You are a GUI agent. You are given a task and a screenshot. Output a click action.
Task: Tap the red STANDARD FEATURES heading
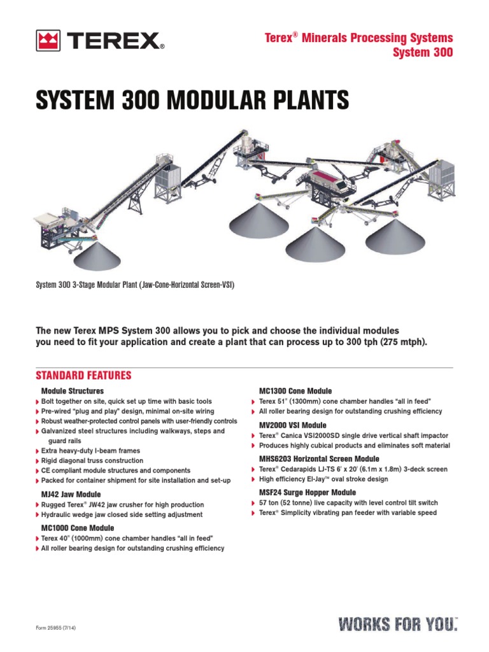pyautogui.click(x=83, y=375)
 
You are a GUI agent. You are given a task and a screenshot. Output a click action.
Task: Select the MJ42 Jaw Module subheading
pyautogui.click(x=71, y=494)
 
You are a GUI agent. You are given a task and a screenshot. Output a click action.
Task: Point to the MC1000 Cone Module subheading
pyautogui.click(x=78, y=528)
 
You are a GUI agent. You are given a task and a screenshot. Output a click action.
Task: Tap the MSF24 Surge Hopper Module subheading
pyautogui.click(x=308, y=493)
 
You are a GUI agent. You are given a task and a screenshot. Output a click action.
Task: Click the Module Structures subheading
pyautogui.click(x=73, y=390)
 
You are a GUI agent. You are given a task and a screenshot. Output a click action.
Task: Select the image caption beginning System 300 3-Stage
pyautogui.click(x=135, y=285)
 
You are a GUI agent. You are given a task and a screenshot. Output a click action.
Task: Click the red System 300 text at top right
pyautogui.click(x=424, y=53)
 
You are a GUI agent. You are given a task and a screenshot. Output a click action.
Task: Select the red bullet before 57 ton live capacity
pyautogui.click(x=253, y=504)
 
